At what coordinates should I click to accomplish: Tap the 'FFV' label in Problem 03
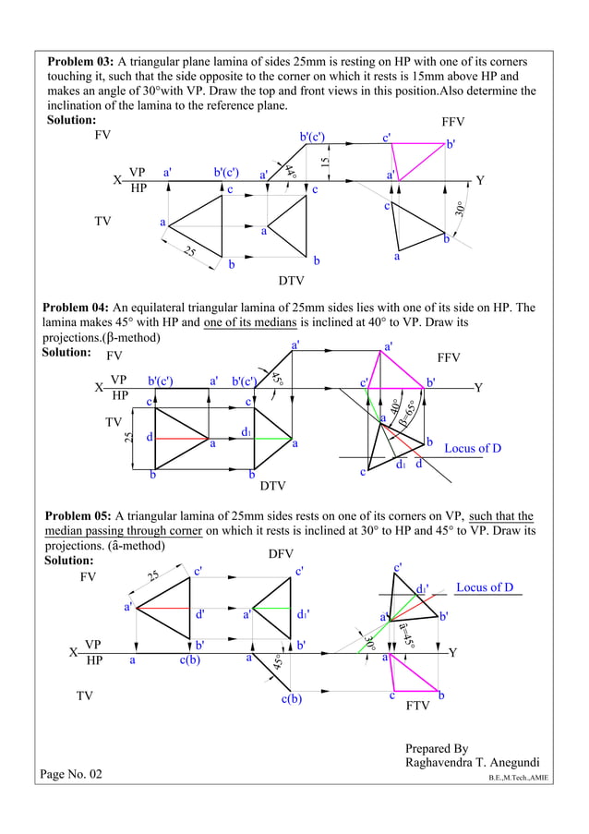point(454,122)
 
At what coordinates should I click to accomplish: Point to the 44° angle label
point(290,171)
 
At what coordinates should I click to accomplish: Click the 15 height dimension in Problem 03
point(325,162)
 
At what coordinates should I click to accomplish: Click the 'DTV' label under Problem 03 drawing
point(291,280)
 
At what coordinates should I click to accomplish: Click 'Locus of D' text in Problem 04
point(473,449)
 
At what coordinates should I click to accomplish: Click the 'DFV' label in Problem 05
point(282,553)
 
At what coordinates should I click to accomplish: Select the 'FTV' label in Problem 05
point(419,714)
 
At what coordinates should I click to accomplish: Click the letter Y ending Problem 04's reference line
point(478,388)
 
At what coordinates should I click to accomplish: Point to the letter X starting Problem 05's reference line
point(73,653)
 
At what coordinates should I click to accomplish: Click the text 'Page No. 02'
point(72,774)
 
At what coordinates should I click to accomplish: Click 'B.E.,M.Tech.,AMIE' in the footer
point(518,779)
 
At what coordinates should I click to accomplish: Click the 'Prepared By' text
point(437,748)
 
